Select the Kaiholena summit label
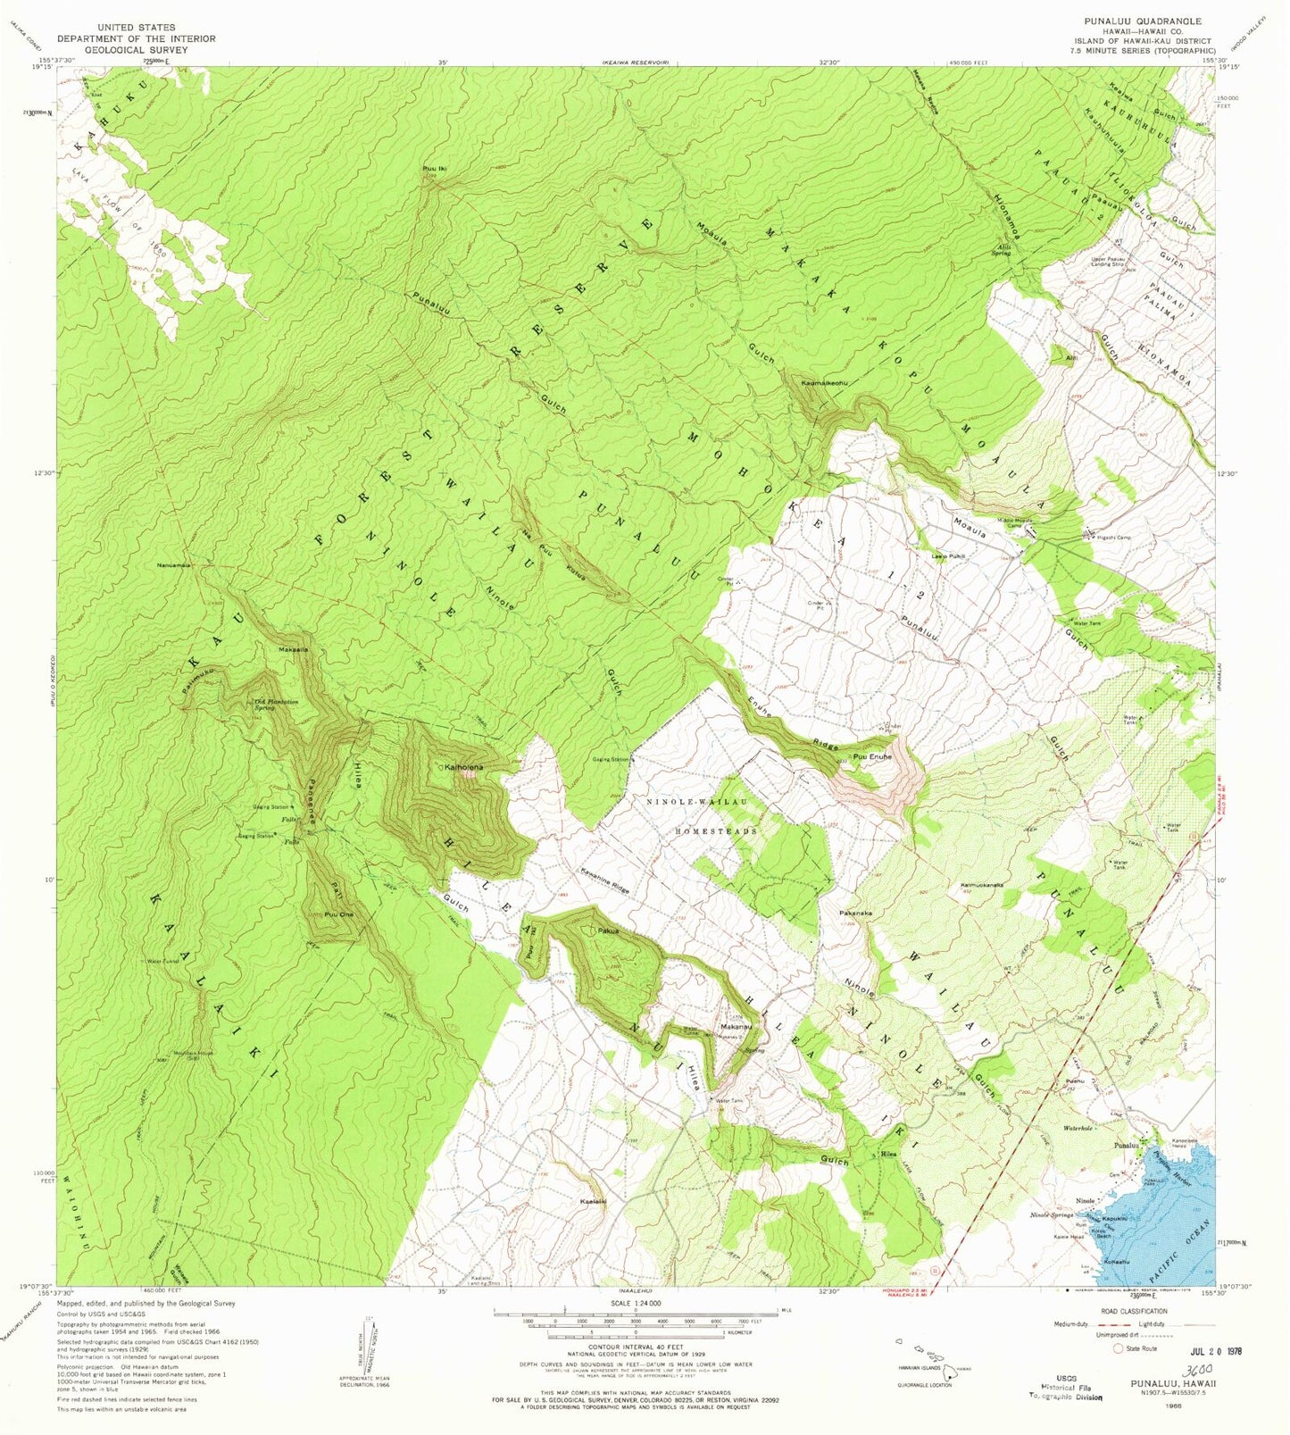tap(464, 767)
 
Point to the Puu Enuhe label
tap(872, 757)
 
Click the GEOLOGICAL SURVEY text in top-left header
tap(137, 51)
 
